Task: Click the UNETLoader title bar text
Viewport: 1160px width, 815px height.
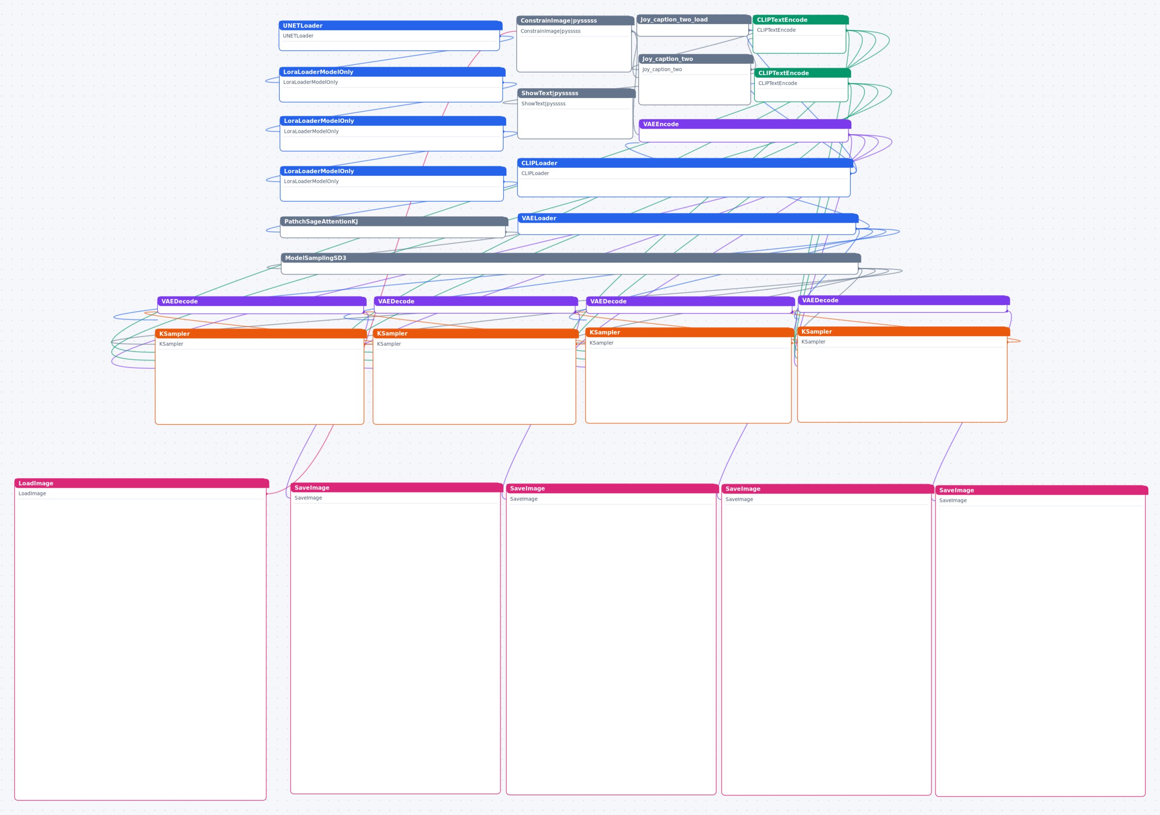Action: coord(302,26)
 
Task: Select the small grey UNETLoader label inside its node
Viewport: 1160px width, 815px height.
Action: coord(298,36)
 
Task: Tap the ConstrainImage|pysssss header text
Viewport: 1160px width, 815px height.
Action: coord(558,21)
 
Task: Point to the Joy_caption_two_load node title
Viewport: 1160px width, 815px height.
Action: coord(674,20)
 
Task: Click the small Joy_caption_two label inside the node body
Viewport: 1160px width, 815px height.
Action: coord(662,69)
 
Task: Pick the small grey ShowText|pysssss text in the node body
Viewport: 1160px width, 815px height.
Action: coord(543,103)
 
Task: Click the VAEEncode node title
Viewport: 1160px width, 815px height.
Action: coord(661,124)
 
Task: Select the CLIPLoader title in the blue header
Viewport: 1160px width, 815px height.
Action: coord(539,163)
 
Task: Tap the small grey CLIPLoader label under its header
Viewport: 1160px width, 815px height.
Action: coord(535,174)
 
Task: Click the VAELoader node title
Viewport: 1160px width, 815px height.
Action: coord(539,218)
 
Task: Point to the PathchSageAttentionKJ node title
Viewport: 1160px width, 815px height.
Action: coord(321,222)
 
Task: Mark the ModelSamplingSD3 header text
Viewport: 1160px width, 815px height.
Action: coord(315,258)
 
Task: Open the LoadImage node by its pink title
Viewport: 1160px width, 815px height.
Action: coord(36,484)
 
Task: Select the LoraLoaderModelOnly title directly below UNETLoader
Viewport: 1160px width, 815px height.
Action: coord(318,72)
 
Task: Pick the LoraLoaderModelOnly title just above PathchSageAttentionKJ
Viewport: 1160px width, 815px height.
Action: coord(319,171)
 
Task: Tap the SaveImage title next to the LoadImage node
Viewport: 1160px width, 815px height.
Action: coord(312,488)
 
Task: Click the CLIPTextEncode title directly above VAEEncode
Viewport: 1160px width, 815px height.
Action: coord(783,73)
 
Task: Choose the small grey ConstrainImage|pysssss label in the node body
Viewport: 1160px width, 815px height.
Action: coord(550,31)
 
